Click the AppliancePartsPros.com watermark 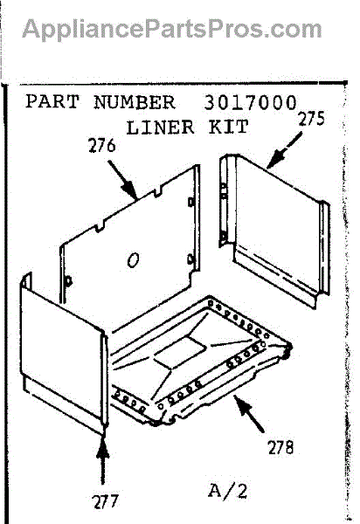[172, 30]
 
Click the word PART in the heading [52, 101]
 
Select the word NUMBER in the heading [135, 102]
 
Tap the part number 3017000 [250, 102]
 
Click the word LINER [160, 128]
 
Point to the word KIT [229, 127]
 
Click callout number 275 [312, 119]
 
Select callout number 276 [102, 146]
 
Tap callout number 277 [106, 501]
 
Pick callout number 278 [280, 447]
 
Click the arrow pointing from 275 [284, 150]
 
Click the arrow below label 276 [122, 180]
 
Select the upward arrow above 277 [102, 461]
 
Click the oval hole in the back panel [133, 260]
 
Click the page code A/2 [228, 491]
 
